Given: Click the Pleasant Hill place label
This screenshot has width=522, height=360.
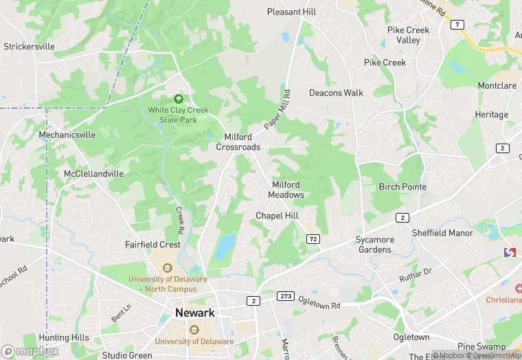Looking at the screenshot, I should click(x=292, y=12).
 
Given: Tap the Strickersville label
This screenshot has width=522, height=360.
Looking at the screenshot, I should click(x=29, y=47).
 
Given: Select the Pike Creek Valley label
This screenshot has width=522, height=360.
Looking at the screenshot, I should click(x=408, y=35).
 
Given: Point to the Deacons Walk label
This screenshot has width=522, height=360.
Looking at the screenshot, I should click(x=336, y=93).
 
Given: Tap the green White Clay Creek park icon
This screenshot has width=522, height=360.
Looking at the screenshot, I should click(x=179, y=99).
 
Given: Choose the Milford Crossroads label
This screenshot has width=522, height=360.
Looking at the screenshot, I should click(x=238, y=142).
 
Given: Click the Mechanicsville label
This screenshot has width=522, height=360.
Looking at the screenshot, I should click(x=67, y=135).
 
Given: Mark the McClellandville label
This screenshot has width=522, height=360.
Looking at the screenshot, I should click(x=94, y=174).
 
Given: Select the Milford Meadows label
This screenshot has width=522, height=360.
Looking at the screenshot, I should click(x=286, y=190).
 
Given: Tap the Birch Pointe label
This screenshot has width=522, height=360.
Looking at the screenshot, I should click(x=402, y=187).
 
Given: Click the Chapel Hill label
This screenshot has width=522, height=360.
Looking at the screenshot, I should click(x=277, y=216).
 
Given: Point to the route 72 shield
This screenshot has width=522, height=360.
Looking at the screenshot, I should click(x=313, y=238).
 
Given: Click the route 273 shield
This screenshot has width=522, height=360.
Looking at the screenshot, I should click(x=286, y=296).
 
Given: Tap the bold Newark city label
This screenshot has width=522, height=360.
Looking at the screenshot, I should click(x=195, y=313).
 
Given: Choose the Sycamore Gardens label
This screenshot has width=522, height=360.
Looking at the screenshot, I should click(x=375, y=245).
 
